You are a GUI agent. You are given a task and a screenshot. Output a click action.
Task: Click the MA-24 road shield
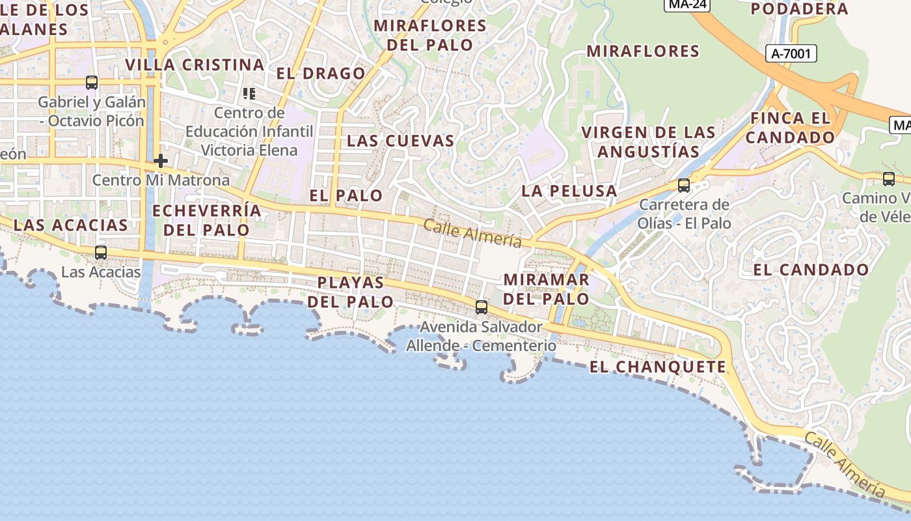click(687, 4)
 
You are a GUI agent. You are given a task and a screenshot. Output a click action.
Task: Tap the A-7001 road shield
click(791, 53)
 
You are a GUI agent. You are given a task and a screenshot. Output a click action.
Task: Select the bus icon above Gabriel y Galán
click(92, 83)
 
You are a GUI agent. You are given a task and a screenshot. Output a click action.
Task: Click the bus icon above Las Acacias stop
click(101, 253)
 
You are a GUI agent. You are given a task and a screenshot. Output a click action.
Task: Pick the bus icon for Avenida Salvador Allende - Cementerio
click(482, 307)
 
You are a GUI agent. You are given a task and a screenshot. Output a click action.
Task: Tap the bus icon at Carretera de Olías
click(684, 186)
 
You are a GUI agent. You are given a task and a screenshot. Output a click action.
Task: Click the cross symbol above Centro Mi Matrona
click(161, 160)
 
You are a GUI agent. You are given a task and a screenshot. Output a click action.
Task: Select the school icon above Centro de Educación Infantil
click(249, 94)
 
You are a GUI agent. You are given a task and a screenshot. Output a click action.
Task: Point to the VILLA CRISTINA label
click(195, 65)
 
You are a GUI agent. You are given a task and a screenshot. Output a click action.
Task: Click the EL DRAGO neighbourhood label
click(321, 74)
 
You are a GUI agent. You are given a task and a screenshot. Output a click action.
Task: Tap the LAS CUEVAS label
click(400, 141)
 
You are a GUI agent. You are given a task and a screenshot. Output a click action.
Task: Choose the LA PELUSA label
click(569, 191)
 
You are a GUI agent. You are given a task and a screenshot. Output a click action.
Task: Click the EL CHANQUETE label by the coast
click(657, 367)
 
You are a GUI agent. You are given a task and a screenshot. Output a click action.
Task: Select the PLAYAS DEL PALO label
click(351, 292)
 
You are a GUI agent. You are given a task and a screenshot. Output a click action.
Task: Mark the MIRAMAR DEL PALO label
click(547, 289)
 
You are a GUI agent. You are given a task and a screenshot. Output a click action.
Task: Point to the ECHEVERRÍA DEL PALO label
click(206, 220)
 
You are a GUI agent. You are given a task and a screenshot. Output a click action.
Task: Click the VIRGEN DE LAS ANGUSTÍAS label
click(648, 142)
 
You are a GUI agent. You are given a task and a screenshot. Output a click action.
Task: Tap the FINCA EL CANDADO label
click(790, 128)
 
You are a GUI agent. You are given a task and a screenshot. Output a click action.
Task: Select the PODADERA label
click(799, 9)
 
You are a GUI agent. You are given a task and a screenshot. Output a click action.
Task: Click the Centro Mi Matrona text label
click(161, 180)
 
